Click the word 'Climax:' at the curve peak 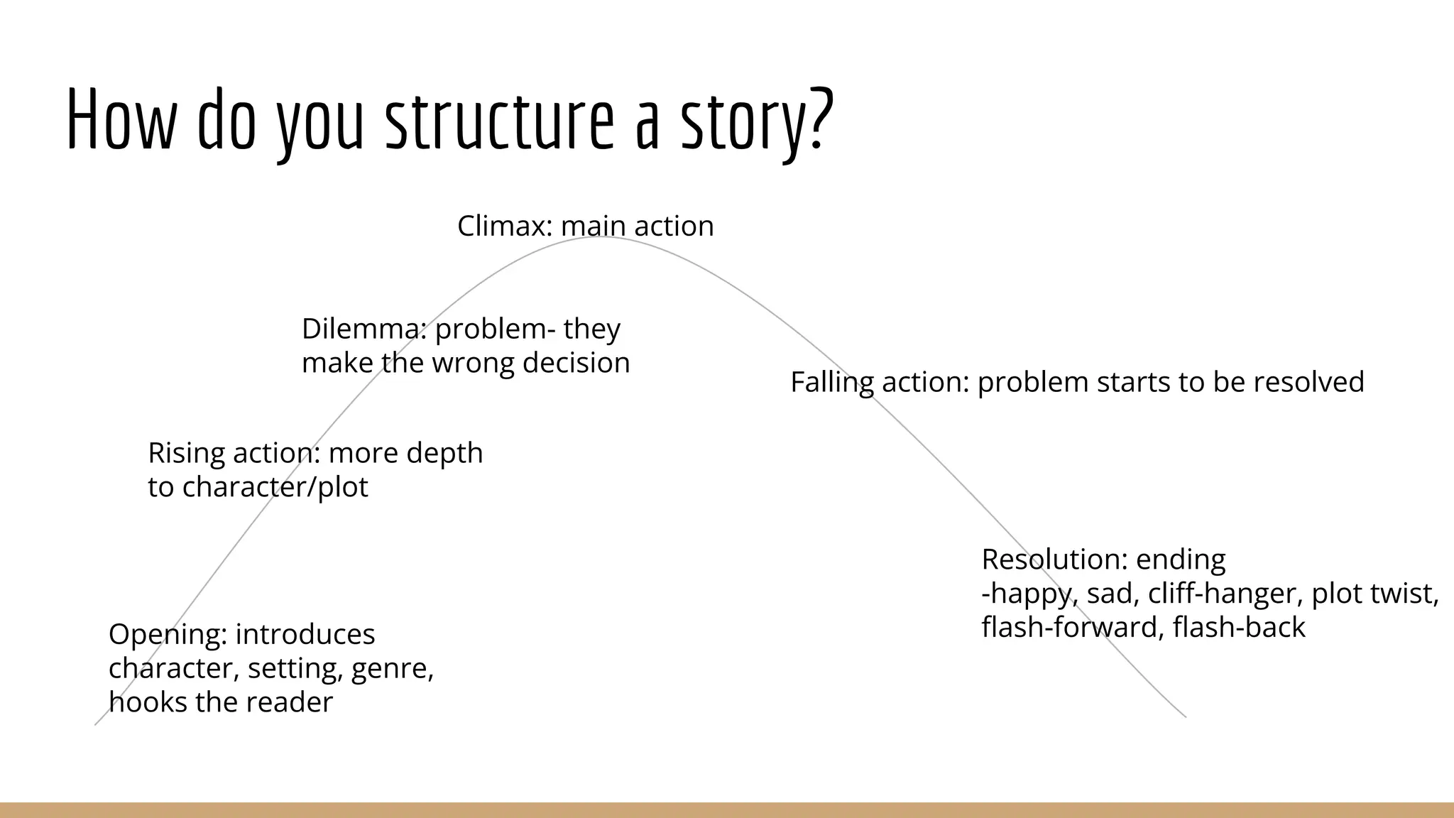(505, 226)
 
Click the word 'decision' (576, 363)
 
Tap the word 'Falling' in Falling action (831, 382)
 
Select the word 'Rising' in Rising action (186, 453)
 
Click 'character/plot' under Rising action (275, 487)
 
